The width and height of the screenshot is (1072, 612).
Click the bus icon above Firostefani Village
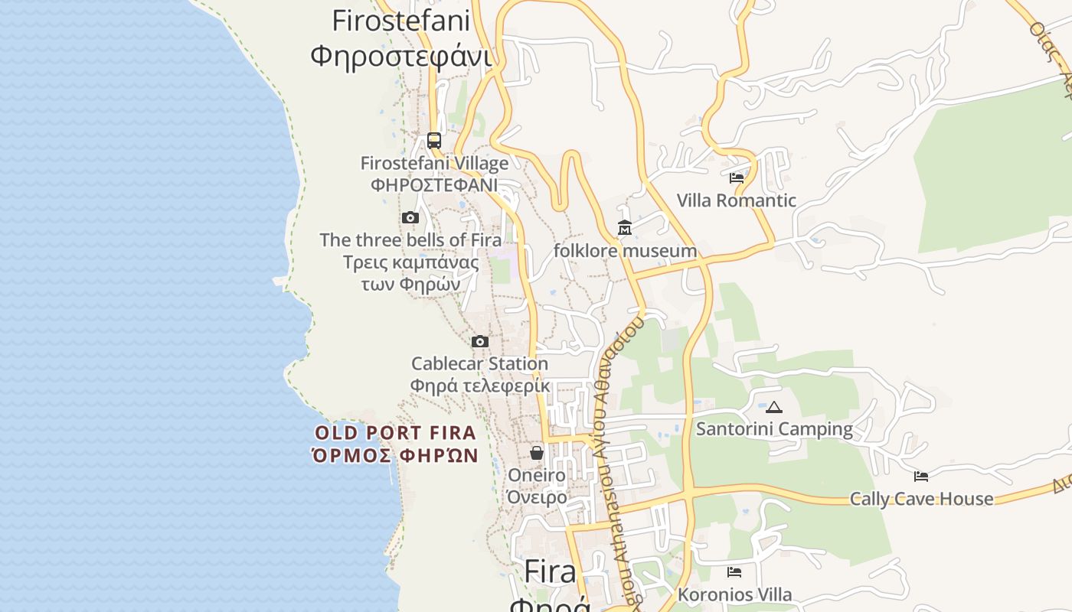point(434,140)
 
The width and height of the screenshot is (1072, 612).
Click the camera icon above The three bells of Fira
point(410,218)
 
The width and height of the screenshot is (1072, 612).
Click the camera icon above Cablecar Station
point(480,341)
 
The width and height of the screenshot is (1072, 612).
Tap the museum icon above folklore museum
point(625,228)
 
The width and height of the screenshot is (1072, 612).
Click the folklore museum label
point(625,251)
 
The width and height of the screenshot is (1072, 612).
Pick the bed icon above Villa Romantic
point(737,178)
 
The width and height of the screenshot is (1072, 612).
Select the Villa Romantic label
point(737,200)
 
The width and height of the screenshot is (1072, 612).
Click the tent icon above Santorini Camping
point(774,407)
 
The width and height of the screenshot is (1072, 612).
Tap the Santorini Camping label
point(774,429)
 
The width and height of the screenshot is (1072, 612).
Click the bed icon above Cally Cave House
point(921,477)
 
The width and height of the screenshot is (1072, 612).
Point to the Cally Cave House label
point(921,499)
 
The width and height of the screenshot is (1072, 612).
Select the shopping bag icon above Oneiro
point(537,453)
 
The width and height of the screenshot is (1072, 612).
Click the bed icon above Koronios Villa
point(734,571)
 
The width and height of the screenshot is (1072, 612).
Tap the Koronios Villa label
point(734,594)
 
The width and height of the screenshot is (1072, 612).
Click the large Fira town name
point(550,572)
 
